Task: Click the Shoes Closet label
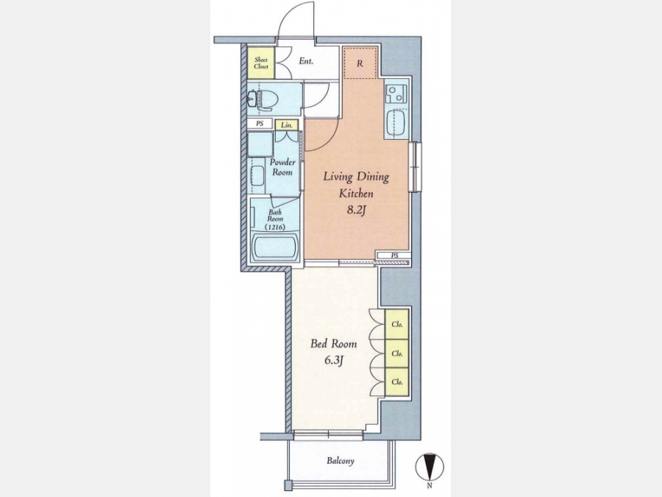click(261, 63)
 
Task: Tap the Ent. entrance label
click(306, 61)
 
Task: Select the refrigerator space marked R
click(360, 63)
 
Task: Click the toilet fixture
click(263, 99)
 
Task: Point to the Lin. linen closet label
click(287, 125)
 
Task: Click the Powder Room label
click(282, 167)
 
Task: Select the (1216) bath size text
click(275, 227)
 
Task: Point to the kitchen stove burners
click(396, 94)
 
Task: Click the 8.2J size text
click(355, 210)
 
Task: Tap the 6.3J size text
click(333, 361)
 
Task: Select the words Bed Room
click(333, 344)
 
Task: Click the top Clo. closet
click(397, 325)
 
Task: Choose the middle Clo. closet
click(397, 353)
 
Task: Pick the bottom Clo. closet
click(397, 381)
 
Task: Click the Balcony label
click(341, 461)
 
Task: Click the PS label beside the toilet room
click(260, 124)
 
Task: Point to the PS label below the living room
click(395, 255)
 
